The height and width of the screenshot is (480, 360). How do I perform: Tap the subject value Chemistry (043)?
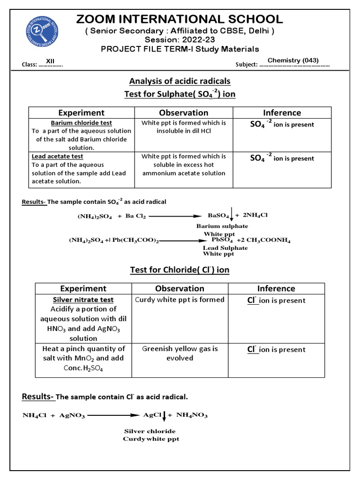click(x=292, y=60)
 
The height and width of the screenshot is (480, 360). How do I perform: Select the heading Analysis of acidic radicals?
click(x=180, y=81)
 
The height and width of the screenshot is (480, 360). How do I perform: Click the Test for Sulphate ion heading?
click(x=180, y=94)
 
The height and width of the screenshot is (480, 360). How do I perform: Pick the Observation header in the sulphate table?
click(x=183, y=112)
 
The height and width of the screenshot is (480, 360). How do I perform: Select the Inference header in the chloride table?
click(x=276, y=288)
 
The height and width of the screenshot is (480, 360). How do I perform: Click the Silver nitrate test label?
click(x=83, y=300)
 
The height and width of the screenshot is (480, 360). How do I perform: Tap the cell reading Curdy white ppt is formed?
click(x=180, y=300)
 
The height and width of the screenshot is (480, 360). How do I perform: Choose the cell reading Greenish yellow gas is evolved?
click(x=180, y=353)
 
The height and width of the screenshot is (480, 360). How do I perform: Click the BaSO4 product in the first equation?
click(x=218, y=216)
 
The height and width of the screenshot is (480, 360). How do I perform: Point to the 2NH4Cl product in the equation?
click(x=255, y=215)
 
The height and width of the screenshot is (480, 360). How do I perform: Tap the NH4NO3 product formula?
click(x=192, y=415)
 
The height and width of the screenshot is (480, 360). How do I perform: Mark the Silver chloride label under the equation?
click(x=150, y=431)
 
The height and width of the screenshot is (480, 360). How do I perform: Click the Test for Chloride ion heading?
click(x=180, y=270)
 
